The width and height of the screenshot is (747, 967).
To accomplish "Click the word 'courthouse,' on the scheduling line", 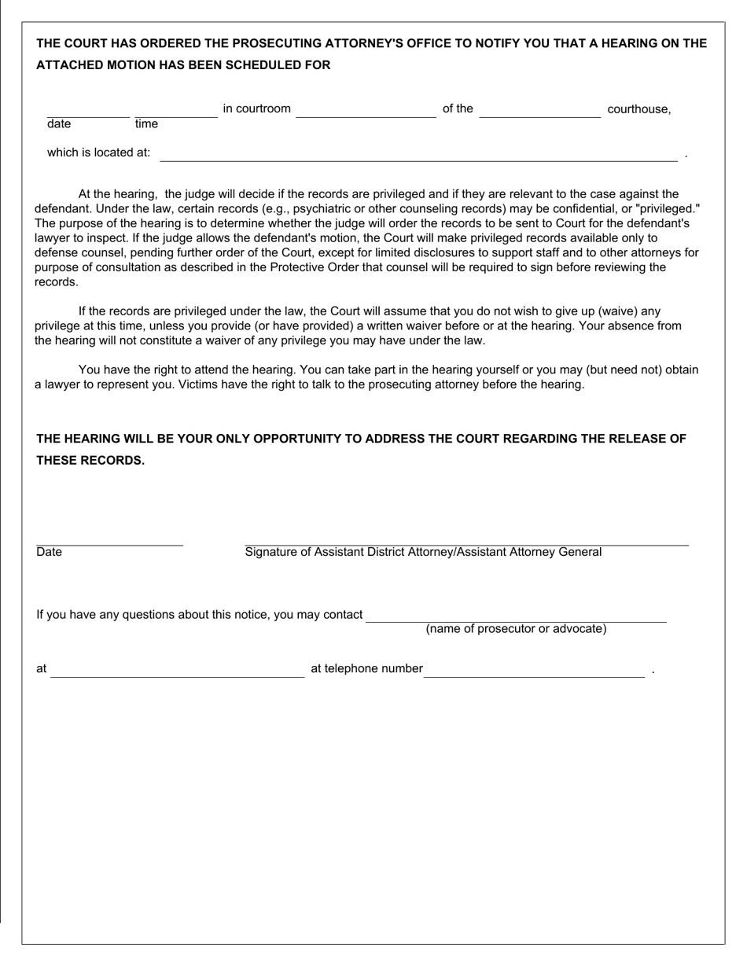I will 639,109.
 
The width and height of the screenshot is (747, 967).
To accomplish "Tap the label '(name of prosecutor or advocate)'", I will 516,629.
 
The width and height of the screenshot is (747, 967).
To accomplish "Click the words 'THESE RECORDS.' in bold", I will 90,461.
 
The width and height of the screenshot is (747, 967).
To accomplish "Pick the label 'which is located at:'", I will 98,153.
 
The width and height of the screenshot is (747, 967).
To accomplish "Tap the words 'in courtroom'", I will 256,108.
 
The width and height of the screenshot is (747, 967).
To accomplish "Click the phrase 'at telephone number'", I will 366,669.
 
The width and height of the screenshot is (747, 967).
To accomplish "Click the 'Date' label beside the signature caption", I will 49,552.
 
